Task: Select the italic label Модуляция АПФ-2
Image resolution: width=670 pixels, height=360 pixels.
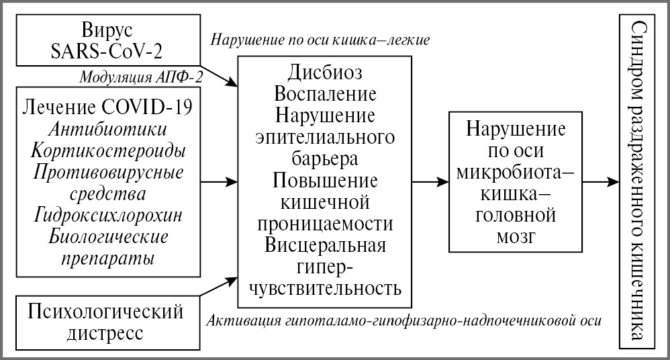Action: pyautogui.click(x=141, y=76)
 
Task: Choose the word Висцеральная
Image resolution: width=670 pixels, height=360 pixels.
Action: pyautogui.click(x=325, y=245)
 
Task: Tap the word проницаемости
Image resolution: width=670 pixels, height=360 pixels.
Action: pyautogui.click(x=325, y=224)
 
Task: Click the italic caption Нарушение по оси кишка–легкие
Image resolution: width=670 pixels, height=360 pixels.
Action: pyautogui.click(x=320, y=39)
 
